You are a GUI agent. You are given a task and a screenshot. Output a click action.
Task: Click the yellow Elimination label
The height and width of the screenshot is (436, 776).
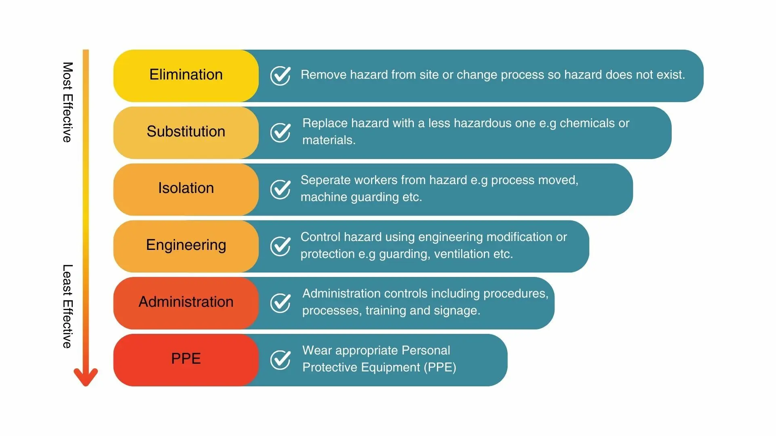click(x=186, y=75)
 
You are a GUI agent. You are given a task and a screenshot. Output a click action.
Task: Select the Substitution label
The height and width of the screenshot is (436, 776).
click(x=186, y=132)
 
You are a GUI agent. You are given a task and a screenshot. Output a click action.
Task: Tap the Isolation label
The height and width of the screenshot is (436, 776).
click(x=186, y=189)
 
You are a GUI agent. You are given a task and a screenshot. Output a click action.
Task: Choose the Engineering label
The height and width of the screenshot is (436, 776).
click(x=186, y=245)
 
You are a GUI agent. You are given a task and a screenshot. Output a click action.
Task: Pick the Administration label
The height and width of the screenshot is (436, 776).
click(x=186, y=302)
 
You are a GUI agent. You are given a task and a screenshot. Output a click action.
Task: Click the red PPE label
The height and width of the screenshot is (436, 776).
click(x=186, y=359)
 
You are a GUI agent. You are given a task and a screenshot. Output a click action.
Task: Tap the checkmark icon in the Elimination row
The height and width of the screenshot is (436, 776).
click(x=280, y=75)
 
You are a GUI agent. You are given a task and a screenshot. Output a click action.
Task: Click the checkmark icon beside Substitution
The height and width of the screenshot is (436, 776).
click(x=280, y=132)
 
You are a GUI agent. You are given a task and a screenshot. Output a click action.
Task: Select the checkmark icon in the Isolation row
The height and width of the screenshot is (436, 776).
click(x=280, y=189)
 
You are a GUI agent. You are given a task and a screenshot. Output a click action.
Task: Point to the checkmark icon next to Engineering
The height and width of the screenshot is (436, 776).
click(x=280, y=246)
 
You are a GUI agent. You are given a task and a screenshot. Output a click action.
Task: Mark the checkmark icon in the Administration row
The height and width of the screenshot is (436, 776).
click(x=280, y=303)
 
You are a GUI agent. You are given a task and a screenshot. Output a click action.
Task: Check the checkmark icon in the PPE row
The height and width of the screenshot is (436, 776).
click(x=280, y=359)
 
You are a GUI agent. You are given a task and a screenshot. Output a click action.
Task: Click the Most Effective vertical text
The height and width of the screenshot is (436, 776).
click(x=67, y=102)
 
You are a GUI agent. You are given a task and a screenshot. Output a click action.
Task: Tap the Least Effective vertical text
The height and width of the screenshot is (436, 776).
click(x=67, y=306)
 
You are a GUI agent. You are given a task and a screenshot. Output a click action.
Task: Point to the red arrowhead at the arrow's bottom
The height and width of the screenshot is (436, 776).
click(x=86, y=378)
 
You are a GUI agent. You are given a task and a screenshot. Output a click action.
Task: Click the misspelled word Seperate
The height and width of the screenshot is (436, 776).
click(x=325, y=180)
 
